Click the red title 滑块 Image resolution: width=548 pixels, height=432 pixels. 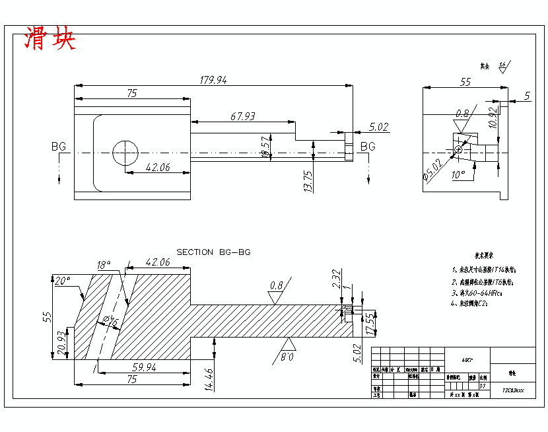pyautogui.click(x=50, y=39)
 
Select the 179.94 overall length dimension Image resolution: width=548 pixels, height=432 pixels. pyautogui.click(x=213, y=80)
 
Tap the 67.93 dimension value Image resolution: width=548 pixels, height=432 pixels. pyautogui.click(x=242, y=116)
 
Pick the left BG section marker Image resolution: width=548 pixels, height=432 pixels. pyautogui.click(x=59, y=147)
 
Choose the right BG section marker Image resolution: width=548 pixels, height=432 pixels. pyautogui.click(x=368, y=146)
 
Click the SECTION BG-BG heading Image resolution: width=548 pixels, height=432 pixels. pyautogui.click(x=213, y=252)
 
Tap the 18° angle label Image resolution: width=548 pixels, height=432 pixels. pyautogui.click(x=104, y=265)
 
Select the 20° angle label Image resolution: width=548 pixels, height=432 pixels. pyautogui.click(x=61, y=281)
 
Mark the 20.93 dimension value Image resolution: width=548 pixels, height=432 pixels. pyautogui.click(x=61, y=343)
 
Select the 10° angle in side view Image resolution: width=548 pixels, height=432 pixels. pyautogui.click(x=458, y=174)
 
